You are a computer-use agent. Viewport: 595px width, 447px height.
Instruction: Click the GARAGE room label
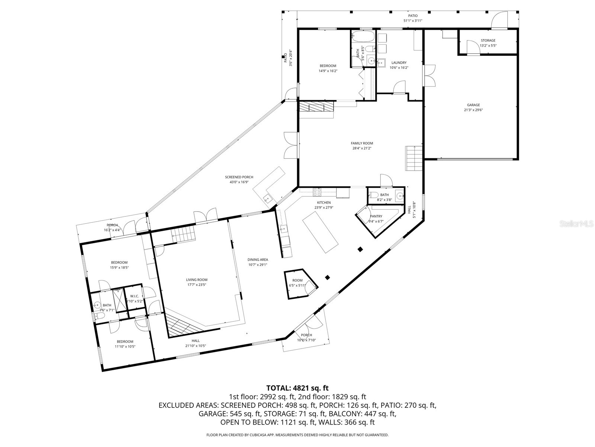(473, 105)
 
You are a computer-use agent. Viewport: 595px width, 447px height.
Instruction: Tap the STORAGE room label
(488, 41)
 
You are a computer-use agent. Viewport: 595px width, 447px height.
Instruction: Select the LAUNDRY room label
(399, 63)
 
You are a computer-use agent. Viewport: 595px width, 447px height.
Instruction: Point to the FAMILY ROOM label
(362, 143)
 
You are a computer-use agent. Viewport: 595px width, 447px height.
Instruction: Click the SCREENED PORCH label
(239, 177)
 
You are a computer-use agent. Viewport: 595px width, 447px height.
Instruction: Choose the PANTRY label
(376, 216)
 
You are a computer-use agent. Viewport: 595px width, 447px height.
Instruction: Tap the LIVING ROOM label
(197, 280)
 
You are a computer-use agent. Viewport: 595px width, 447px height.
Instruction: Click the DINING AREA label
(258, 260)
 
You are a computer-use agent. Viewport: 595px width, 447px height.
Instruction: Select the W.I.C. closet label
(134, 296)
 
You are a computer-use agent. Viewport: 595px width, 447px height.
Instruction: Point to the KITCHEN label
(324, 203)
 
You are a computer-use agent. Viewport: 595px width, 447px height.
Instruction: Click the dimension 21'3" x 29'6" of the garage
(473, 110)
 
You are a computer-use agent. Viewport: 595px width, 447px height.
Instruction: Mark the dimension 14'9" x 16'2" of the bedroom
(328, 71)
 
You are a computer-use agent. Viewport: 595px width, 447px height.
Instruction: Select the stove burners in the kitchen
(318, 192)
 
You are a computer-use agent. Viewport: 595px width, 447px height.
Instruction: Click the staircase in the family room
(414, 158)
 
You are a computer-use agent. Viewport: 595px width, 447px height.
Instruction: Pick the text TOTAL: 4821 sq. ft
(297, 388)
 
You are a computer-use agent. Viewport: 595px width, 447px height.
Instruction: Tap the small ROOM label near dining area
(297, 280)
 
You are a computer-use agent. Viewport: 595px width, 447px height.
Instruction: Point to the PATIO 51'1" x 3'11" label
(413, 18)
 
